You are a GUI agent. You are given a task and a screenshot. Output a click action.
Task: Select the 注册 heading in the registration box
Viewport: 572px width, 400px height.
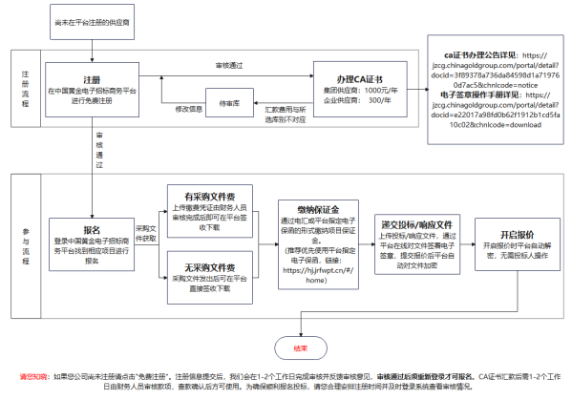tap(93, 79)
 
